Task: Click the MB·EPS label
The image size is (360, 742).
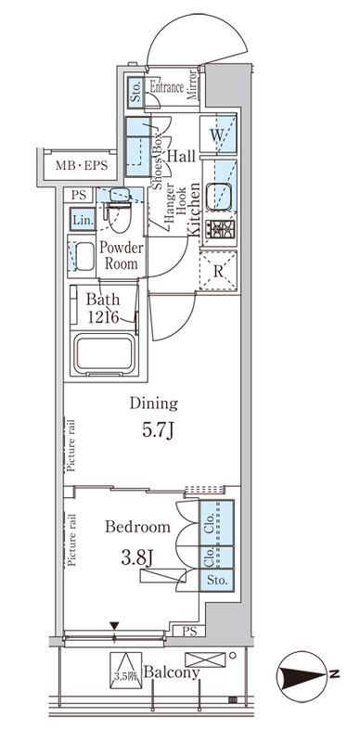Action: click(82, 166)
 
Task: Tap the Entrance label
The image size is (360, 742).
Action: click(166, 87)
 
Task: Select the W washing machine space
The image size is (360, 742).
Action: click(218, 134)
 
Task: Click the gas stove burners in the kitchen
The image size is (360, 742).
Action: click(219, 229)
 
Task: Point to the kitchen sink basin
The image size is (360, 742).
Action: click(220, 196)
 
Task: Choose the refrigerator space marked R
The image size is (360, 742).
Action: click(218, 270)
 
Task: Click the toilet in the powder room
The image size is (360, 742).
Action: click(119, 210)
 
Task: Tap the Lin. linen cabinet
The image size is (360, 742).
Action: click(83, 219)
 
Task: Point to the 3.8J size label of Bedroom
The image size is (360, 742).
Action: click(137, 558)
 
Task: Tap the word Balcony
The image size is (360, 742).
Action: click(171, 672)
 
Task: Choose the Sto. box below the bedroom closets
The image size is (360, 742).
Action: click(216, 579)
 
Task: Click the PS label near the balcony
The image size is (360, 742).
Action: click(188, 631)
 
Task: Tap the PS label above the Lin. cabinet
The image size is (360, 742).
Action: click(80, 195)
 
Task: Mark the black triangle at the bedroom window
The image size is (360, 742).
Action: click(114, 625)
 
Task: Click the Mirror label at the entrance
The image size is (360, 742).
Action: click(192, 85)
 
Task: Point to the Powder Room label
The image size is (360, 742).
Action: click(121, 256)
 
